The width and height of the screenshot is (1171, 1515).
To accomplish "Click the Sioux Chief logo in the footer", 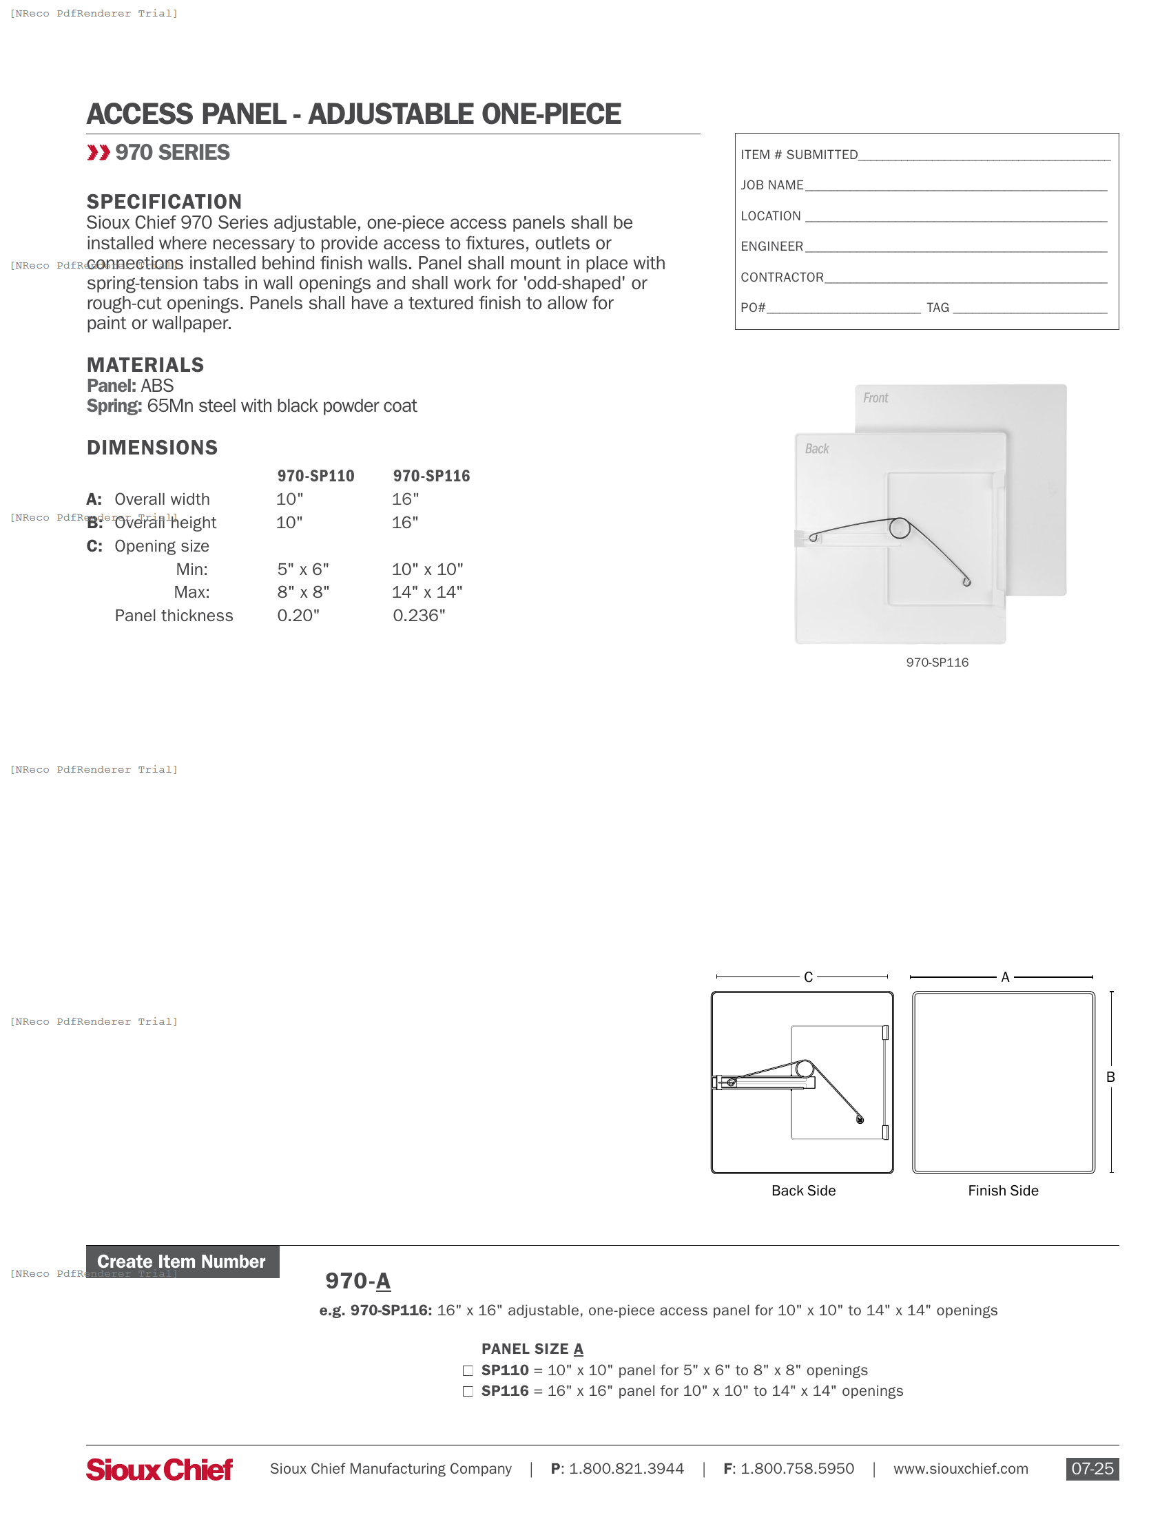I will [x=160, y=1469].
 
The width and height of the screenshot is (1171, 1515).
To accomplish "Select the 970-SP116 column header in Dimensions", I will [x=431, y=476].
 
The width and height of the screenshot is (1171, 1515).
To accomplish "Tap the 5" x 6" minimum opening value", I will [x=302, y=569].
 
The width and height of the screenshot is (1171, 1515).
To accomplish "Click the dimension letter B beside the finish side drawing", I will [x=1110, y=1076].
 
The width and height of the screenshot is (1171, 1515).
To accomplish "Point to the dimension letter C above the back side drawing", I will [x=807, y=976].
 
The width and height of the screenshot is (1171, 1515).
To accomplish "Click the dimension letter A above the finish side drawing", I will [x=1004, y=976].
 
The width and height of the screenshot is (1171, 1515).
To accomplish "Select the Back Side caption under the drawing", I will [x=802, y=1191].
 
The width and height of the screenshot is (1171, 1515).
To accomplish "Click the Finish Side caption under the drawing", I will [x=1002, y=1191].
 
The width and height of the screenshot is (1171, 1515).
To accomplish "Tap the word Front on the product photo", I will [x=875, y=397].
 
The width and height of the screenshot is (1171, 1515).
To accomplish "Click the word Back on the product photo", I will [x=816, y=449].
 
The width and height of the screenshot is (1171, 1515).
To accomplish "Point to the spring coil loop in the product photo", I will [x=900, y=528].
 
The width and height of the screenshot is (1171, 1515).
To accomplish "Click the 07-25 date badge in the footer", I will [x=1091, y=1469].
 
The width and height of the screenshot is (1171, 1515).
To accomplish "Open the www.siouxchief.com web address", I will [x=960, y=1469].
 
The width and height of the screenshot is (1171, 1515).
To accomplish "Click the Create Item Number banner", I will [x=182, y=1261].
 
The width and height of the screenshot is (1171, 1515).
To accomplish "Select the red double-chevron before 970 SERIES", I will [x=98, y=153].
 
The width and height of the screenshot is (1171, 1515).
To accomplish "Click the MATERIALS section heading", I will [x=145, y=365].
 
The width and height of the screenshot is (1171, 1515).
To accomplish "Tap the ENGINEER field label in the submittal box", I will [x=771, y=247].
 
